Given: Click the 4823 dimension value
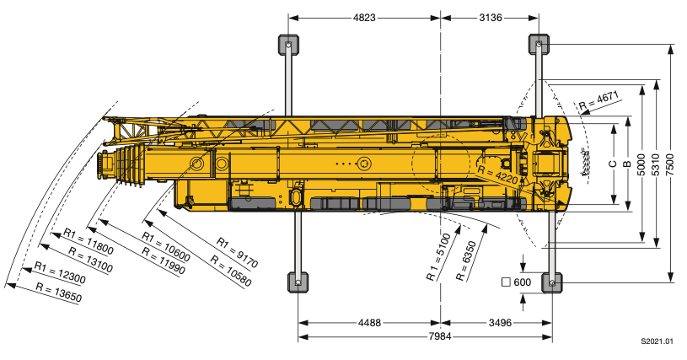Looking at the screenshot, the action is tap(364, 18).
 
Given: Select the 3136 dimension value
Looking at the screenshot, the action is tap(491, 18).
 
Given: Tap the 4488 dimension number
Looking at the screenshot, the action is tap(369, 323).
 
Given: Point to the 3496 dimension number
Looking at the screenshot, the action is tap(500, 323).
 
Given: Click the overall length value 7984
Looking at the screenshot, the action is tap(439, 336).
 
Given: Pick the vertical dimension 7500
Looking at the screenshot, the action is tap(670, 164).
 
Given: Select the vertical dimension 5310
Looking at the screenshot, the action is tap(656, 164).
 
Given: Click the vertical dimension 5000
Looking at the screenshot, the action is tap(641, 164).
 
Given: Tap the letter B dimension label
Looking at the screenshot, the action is tap(627, 164).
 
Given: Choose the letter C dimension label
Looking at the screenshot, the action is tap(613, 164).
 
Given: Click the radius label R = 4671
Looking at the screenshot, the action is tap(598, 100).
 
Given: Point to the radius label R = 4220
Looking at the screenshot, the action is tap(497, 175).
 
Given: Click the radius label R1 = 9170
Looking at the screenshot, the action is tap(238, 253).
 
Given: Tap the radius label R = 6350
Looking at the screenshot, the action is tap(466, 261).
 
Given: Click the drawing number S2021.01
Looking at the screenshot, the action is tap(657, 341).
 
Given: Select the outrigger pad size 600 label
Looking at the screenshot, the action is tap(516, 282).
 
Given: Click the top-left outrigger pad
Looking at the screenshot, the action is tap(288, 45).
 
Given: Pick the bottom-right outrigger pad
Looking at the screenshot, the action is tap(552, 282).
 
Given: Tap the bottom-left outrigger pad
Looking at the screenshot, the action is tap(298, 282).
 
